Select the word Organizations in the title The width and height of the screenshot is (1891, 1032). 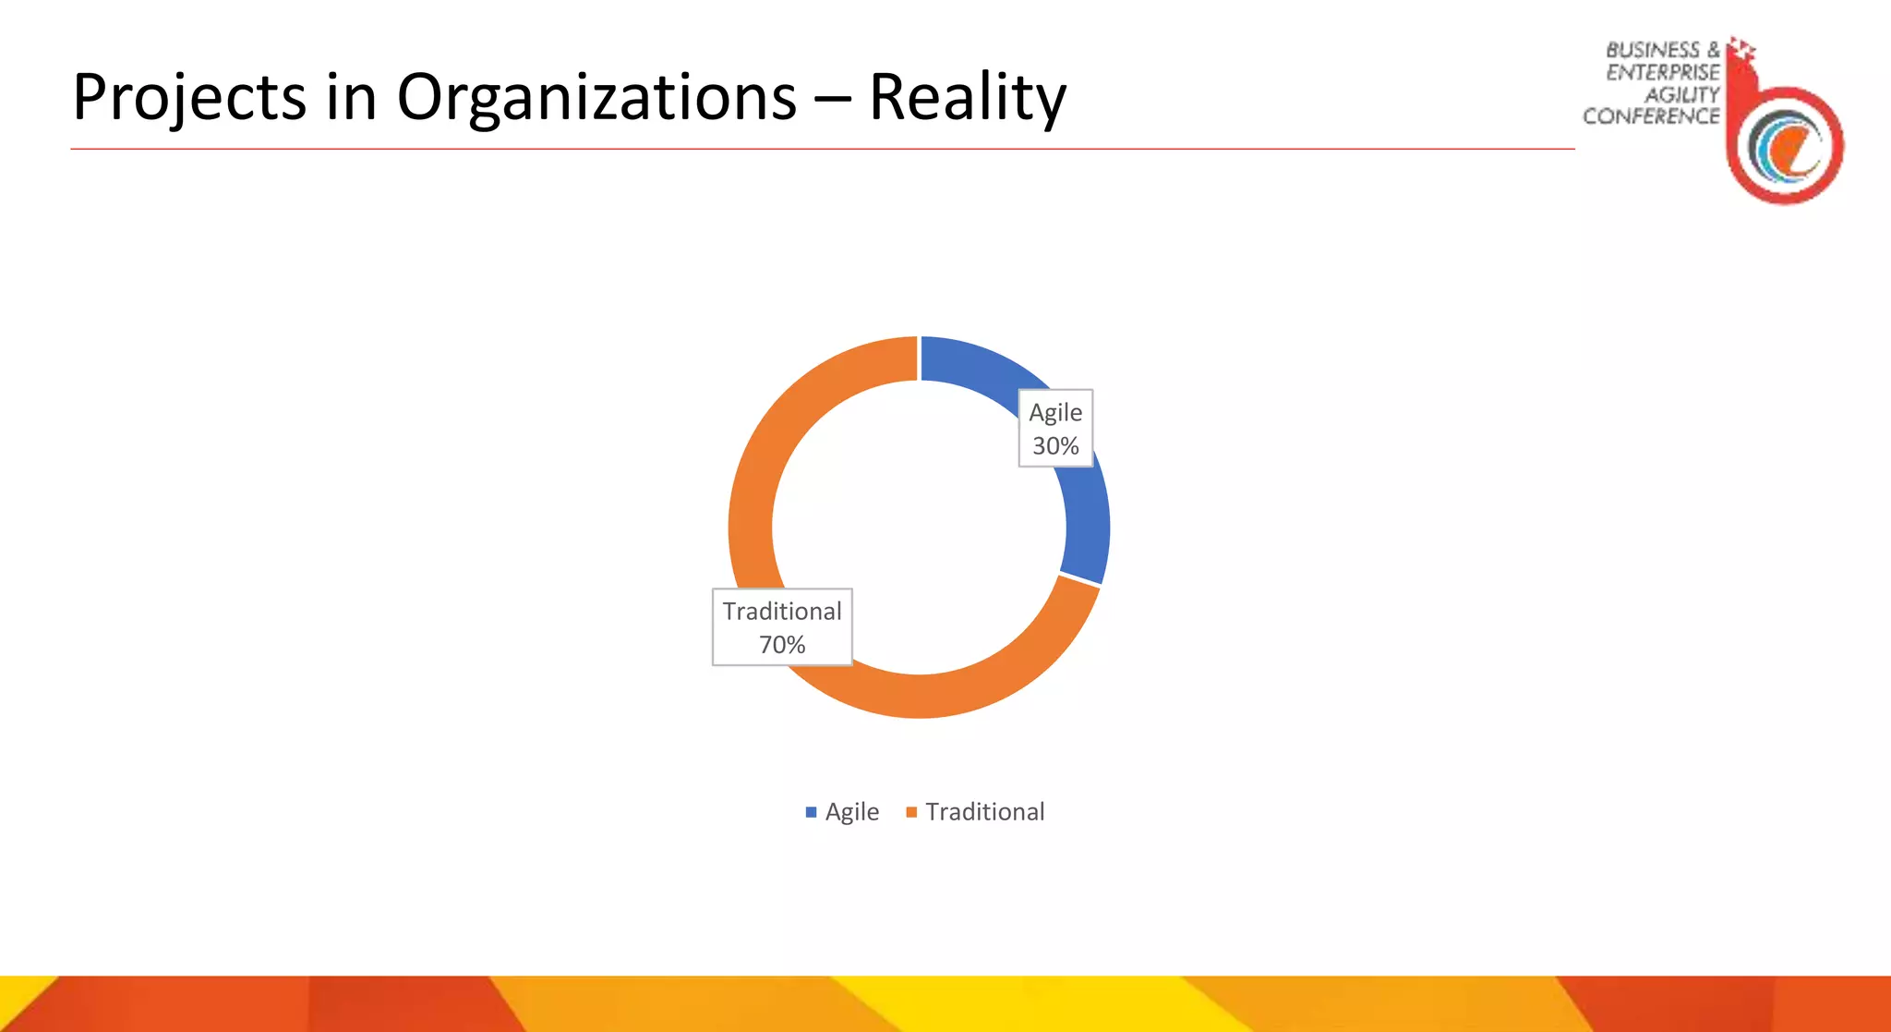click(x=596, y=98)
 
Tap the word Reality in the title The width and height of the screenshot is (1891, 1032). click(x=967, y=98)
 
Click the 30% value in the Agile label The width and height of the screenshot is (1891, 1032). click(x=1055, y=446)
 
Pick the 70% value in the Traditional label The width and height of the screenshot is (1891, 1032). click(x=782, y=645)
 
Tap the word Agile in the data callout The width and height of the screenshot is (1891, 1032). click(x=1055, y=412)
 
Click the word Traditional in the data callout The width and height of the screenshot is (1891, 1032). click(x=782, y=612)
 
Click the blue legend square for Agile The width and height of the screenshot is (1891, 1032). click(x=811, y=812)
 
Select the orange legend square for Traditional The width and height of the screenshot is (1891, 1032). click(x=911, y=812)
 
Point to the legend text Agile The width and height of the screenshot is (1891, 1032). click(x=851, y=812)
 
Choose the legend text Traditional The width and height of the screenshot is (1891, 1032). click(x=985, y=812)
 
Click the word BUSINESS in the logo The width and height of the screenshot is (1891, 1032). click(x=1652, y=50)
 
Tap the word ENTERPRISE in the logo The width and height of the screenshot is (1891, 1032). click(x=1662, y=72)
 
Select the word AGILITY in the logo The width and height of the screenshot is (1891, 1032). click(x=1681, y=94)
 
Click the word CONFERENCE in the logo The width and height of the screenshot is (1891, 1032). click(x=1651, y=116)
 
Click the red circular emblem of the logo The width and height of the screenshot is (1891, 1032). click(x=1786, y=146)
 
